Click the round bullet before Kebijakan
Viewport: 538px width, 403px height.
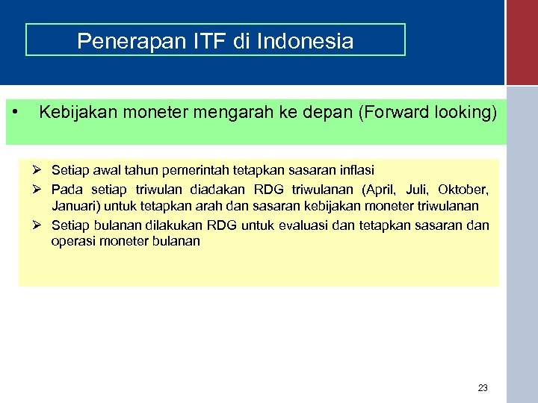coord(16,112)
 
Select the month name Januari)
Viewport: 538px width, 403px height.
coord(74,206)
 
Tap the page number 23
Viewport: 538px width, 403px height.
coord(483,387)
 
